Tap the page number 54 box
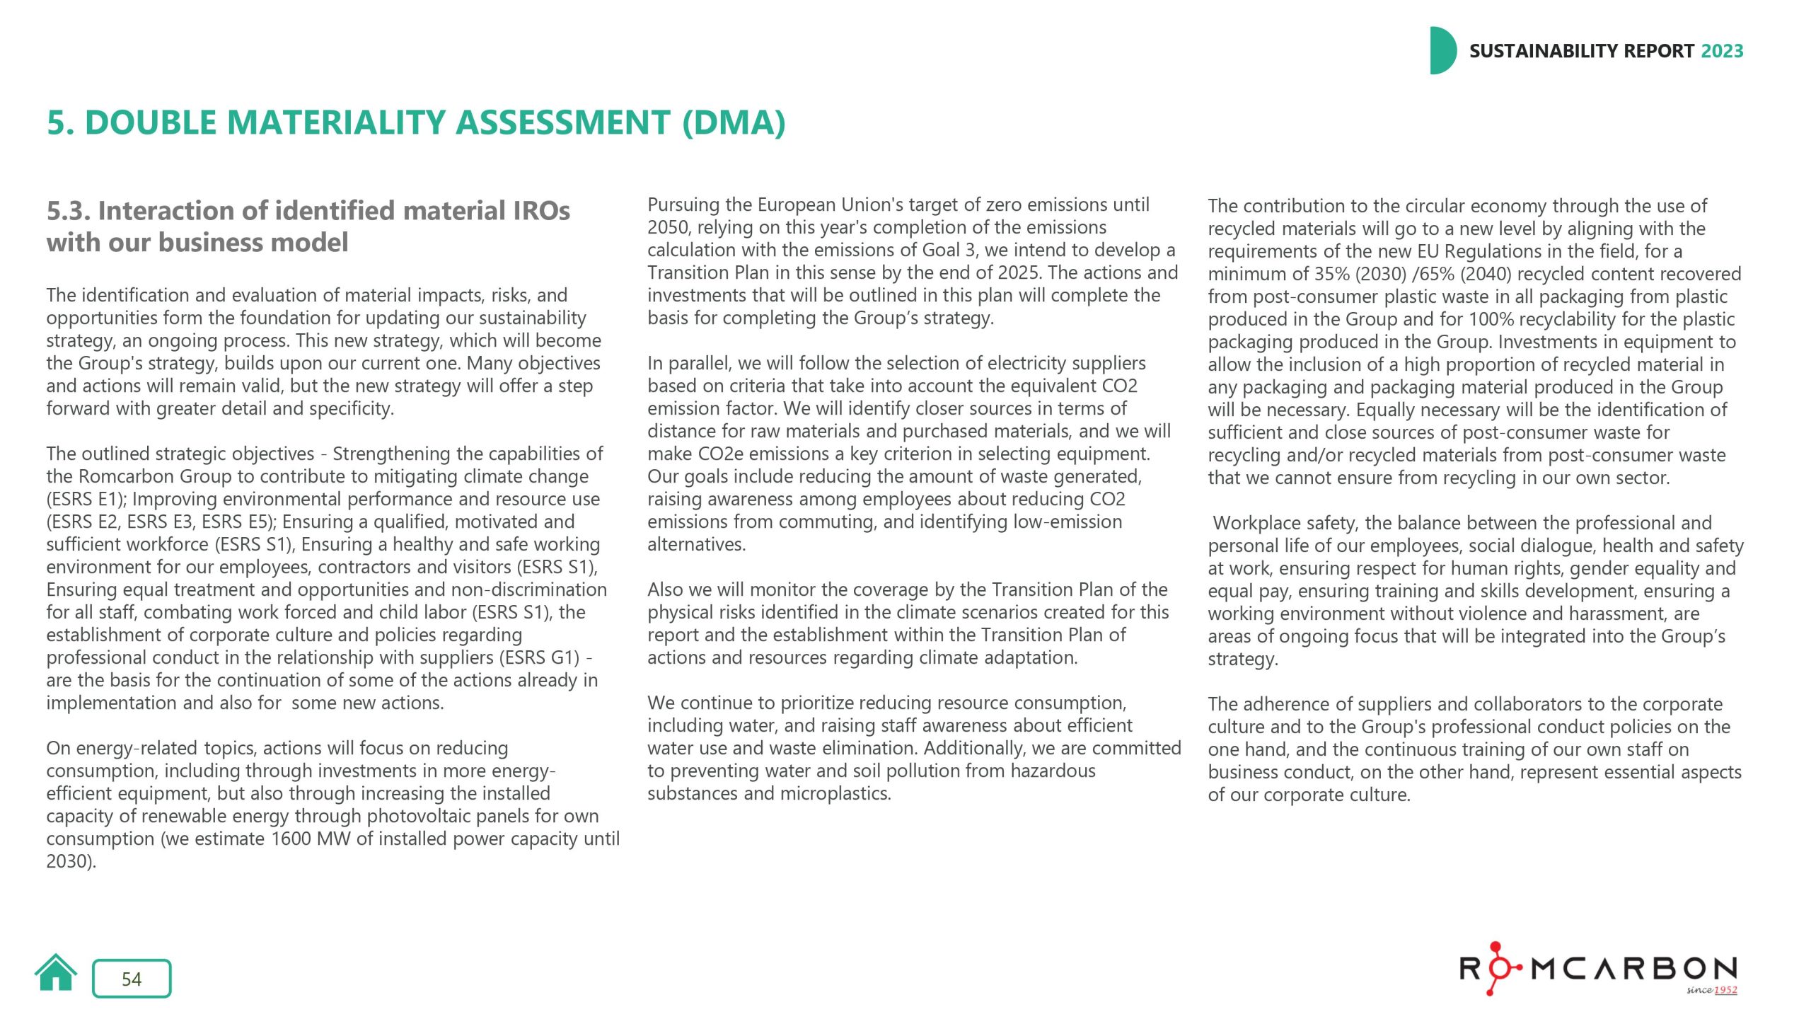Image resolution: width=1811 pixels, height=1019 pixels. tap(132, 979)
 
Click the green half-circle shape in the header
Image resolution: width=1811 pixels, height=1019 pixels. tap(1442, 51)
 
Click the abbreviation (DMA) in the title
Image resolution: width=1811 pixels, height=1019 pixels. tap(734, 122)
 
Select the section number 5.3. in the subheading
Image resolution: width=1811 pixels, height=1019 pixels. tap(68, 211)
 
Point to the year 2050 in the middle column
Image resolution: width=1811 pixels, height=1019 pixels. tap(667, 227)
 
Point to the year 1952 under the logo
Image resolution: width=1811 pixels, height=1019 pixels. tap(1725, 990)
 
